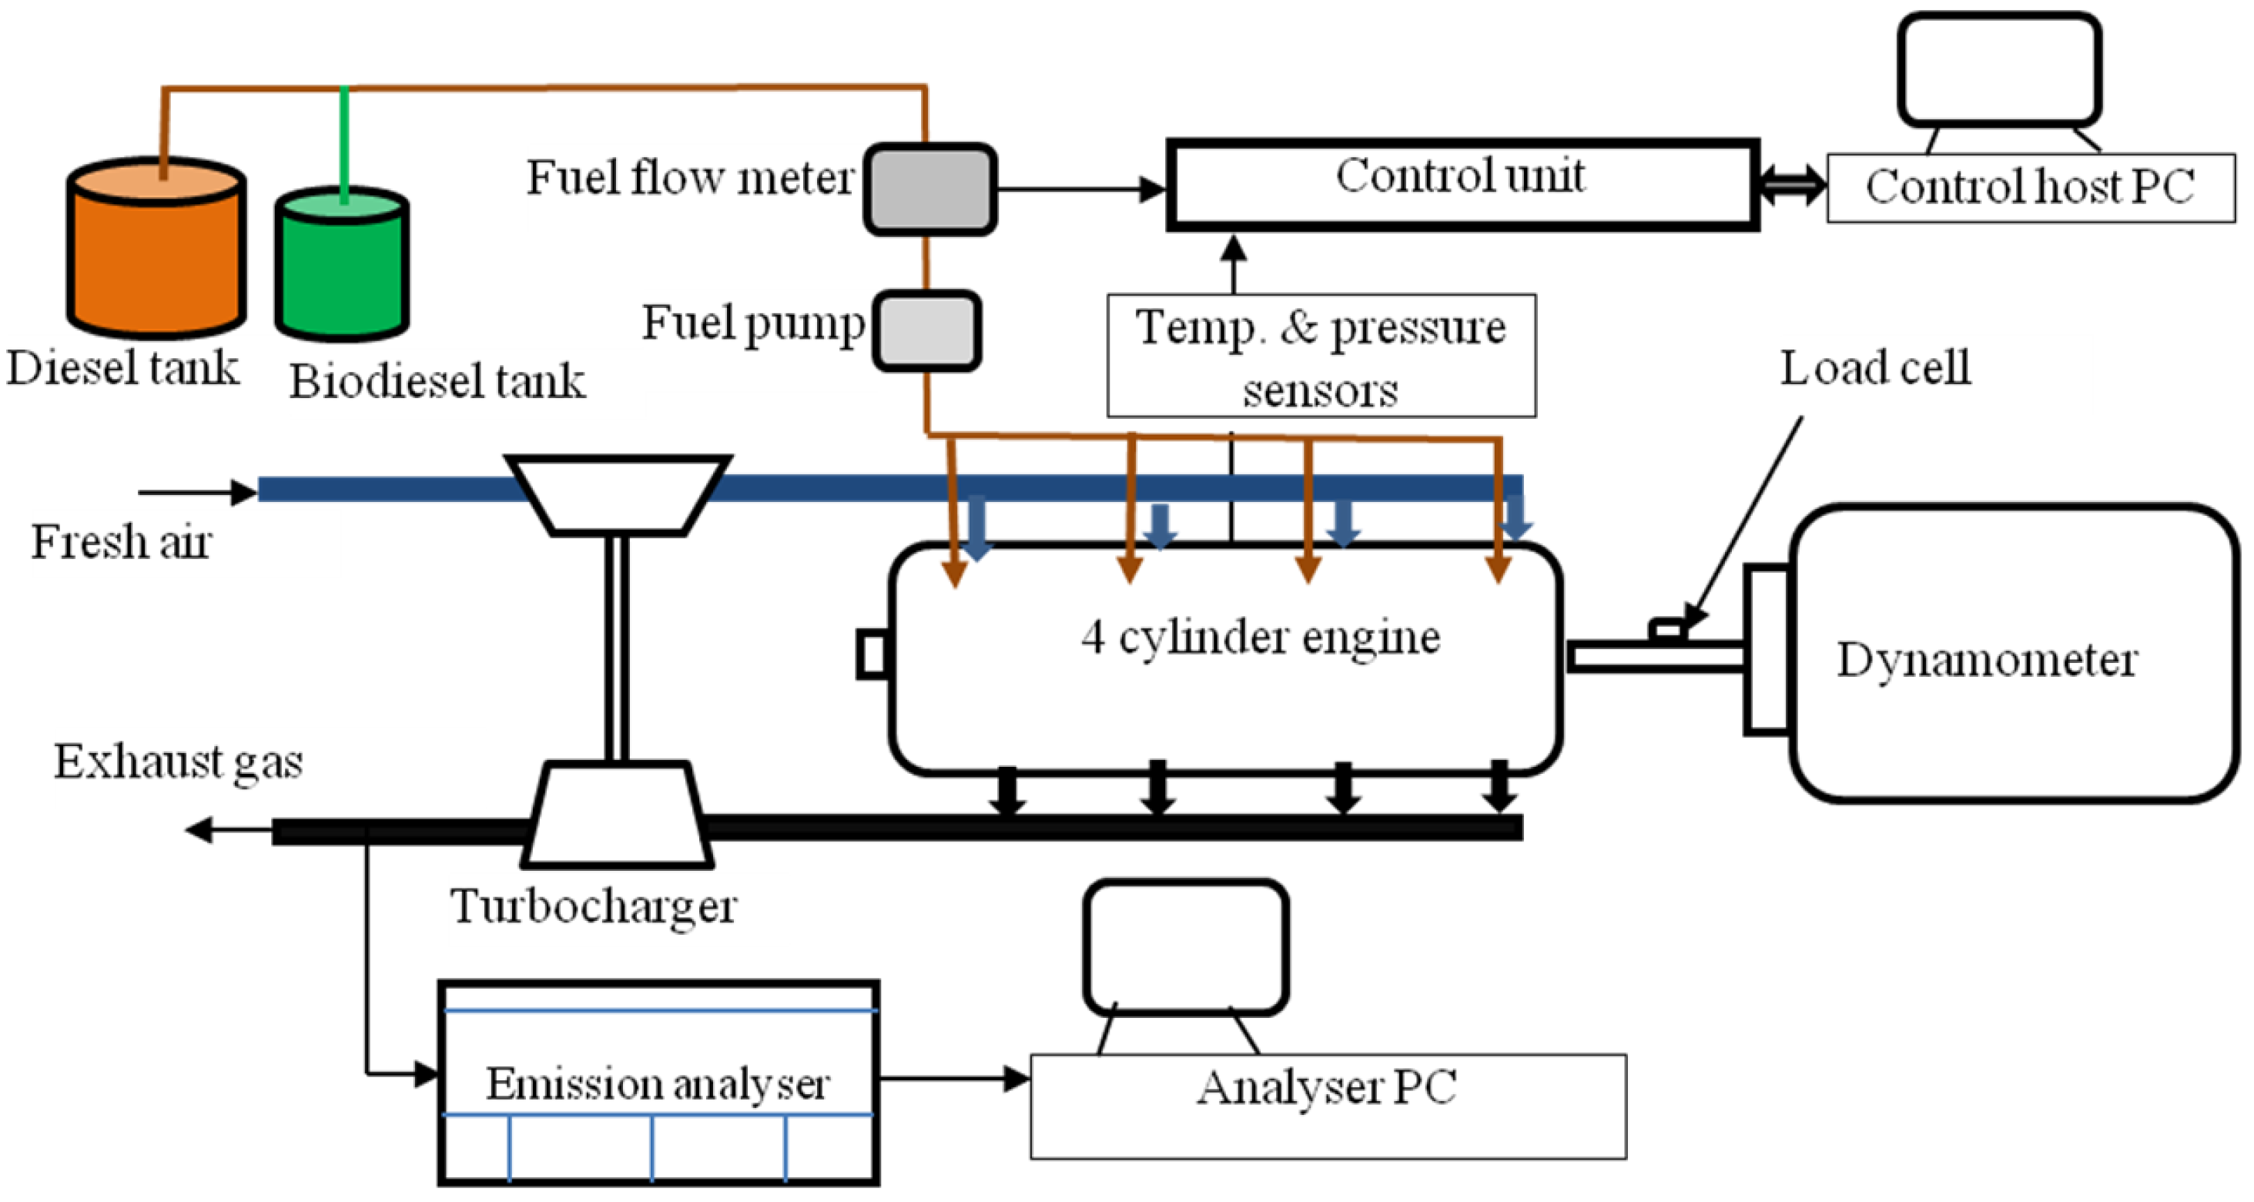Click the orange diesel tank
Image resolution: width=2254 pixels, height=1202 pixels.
point(156,249)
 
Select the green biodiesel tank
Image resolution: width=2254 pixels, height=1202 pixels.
point(342,263)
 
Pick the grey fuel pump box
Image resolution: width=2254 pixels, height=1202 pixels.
point(926,330)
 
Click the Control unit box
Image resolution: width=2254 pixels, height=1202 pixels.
point(1462,185)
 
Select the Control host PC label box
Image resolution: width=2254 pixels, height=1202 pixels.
point(2031,188)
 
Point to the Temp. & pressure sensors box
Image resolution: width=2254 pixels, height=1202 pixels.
point(1321,355)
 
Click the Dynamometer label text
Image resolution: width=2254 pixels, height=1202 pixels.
point(1987,660)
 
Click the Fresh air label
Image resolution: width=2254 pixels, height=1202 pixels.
point(122,541)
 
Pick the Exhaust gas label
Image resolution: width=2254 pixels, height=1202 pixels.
point(179,762)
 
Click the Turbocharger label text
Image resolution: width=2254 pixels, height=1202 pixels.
point(593,906)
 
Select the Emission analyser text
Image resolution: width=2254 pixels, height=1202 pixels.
point(658,1084)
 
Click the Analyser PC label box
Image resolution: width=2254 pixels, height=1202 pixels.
point(1328,1106)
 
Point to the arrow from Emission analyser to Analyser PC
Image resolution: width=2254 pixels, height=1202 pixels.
point(955,1079)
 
